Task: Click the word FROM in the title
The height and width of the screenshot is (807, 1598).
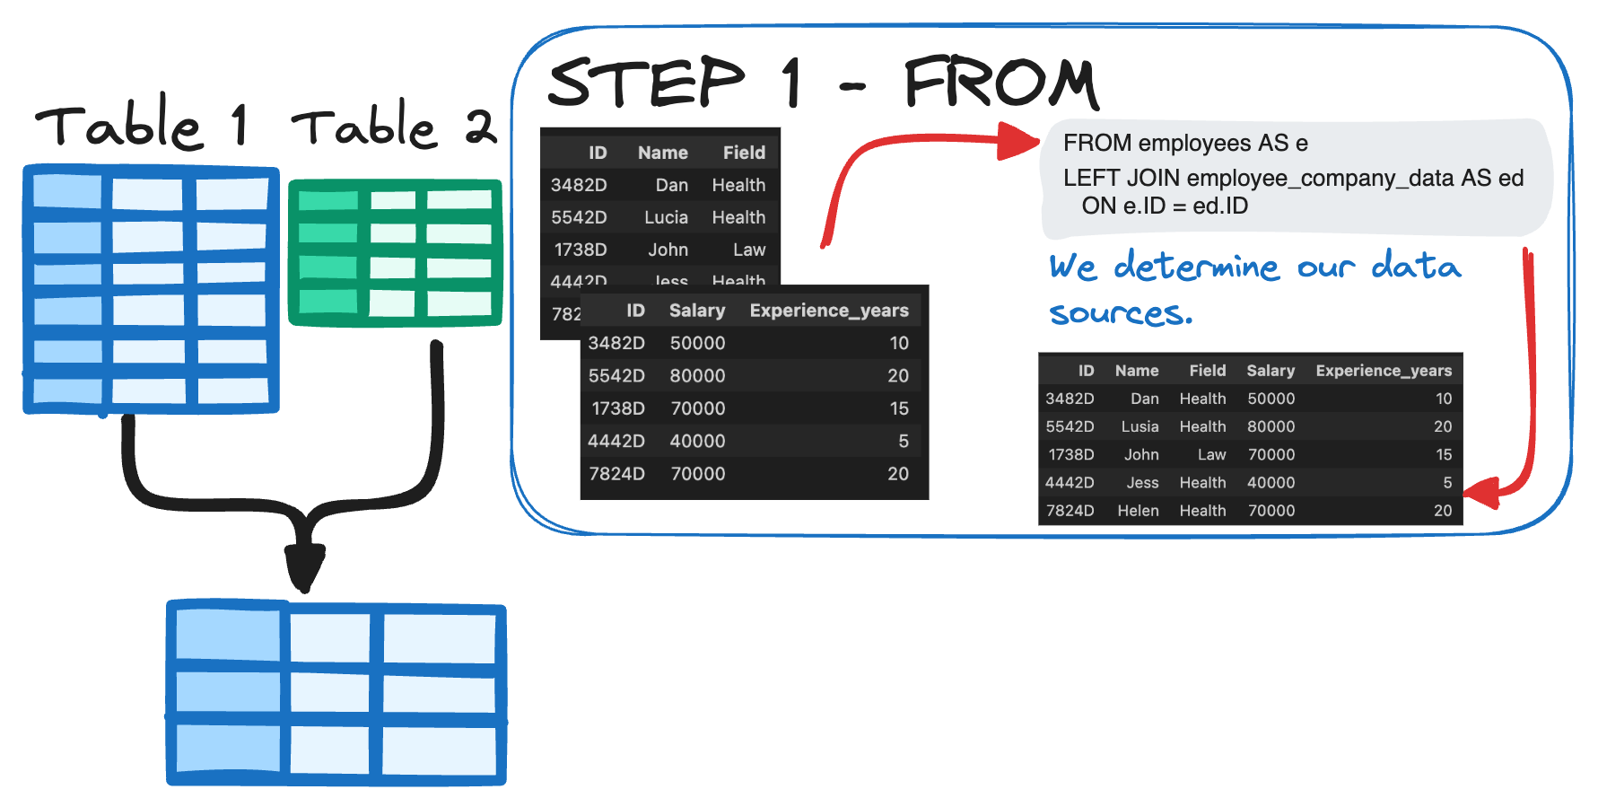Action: click(1000, 83)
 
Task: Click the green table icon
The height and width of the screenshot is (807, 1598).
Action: click(395, 252)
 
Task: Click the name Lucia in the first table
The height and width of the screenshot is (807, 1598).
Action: click(666, 217)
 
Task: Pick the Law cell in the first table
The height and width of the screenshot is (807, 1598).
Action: click(748, 250)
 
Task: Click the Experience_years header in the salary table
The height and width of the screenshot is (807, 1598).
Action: click(828, 311)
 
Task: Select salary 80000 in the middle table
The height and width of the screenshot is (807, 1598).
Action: click(697, 376)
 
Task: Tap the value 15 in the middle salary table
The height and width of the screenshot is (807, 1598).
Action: click(898, 408)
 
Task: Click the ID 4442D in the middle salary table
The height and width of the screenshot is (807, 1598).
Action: click(616, 441)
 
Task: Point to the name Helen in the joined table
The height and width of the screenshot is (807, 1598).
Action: click(1138, 511)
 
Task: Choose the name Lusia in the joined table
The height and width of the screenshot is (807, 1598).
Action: click(1140, 426)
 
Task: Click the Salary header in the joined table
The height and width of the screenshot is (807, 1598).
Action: click(1270, 371)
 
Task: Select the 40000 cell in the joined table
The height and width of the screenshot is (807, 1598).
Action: click(1271, 483)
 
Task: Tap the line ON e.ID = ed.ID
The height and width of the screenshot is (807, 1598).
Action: click(1164, 206)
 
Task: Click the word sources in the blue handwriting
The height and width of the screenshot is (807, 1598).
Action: click(1120, 313)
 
